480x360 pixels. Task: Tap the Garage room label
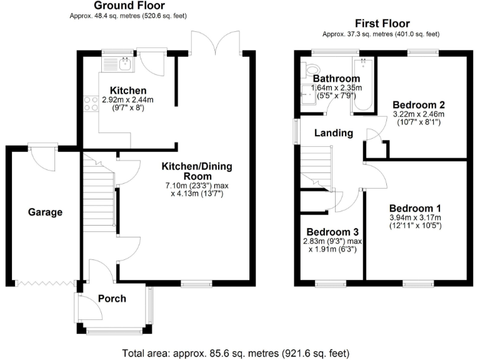(45, 212)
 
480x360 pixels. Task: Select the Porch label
(112, 298)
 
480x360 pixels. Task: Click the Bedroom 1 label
(415, 208)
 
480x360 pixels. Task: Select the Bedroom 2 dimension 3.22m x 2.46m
(418, 114)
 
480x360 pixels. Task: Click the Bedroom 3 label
(332, 232)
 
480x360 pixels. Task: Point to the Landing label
(333, 133)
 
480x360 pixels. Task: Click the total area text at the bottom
(239, 352)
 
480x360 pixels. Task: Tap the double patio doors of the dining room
(216, 42)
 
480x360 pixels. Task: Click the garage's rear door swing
(42, 159)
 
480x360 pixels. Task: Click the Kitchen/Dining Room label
(197, 171)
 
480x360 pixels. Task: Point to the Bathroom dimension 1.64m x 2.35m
(336, 88)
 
